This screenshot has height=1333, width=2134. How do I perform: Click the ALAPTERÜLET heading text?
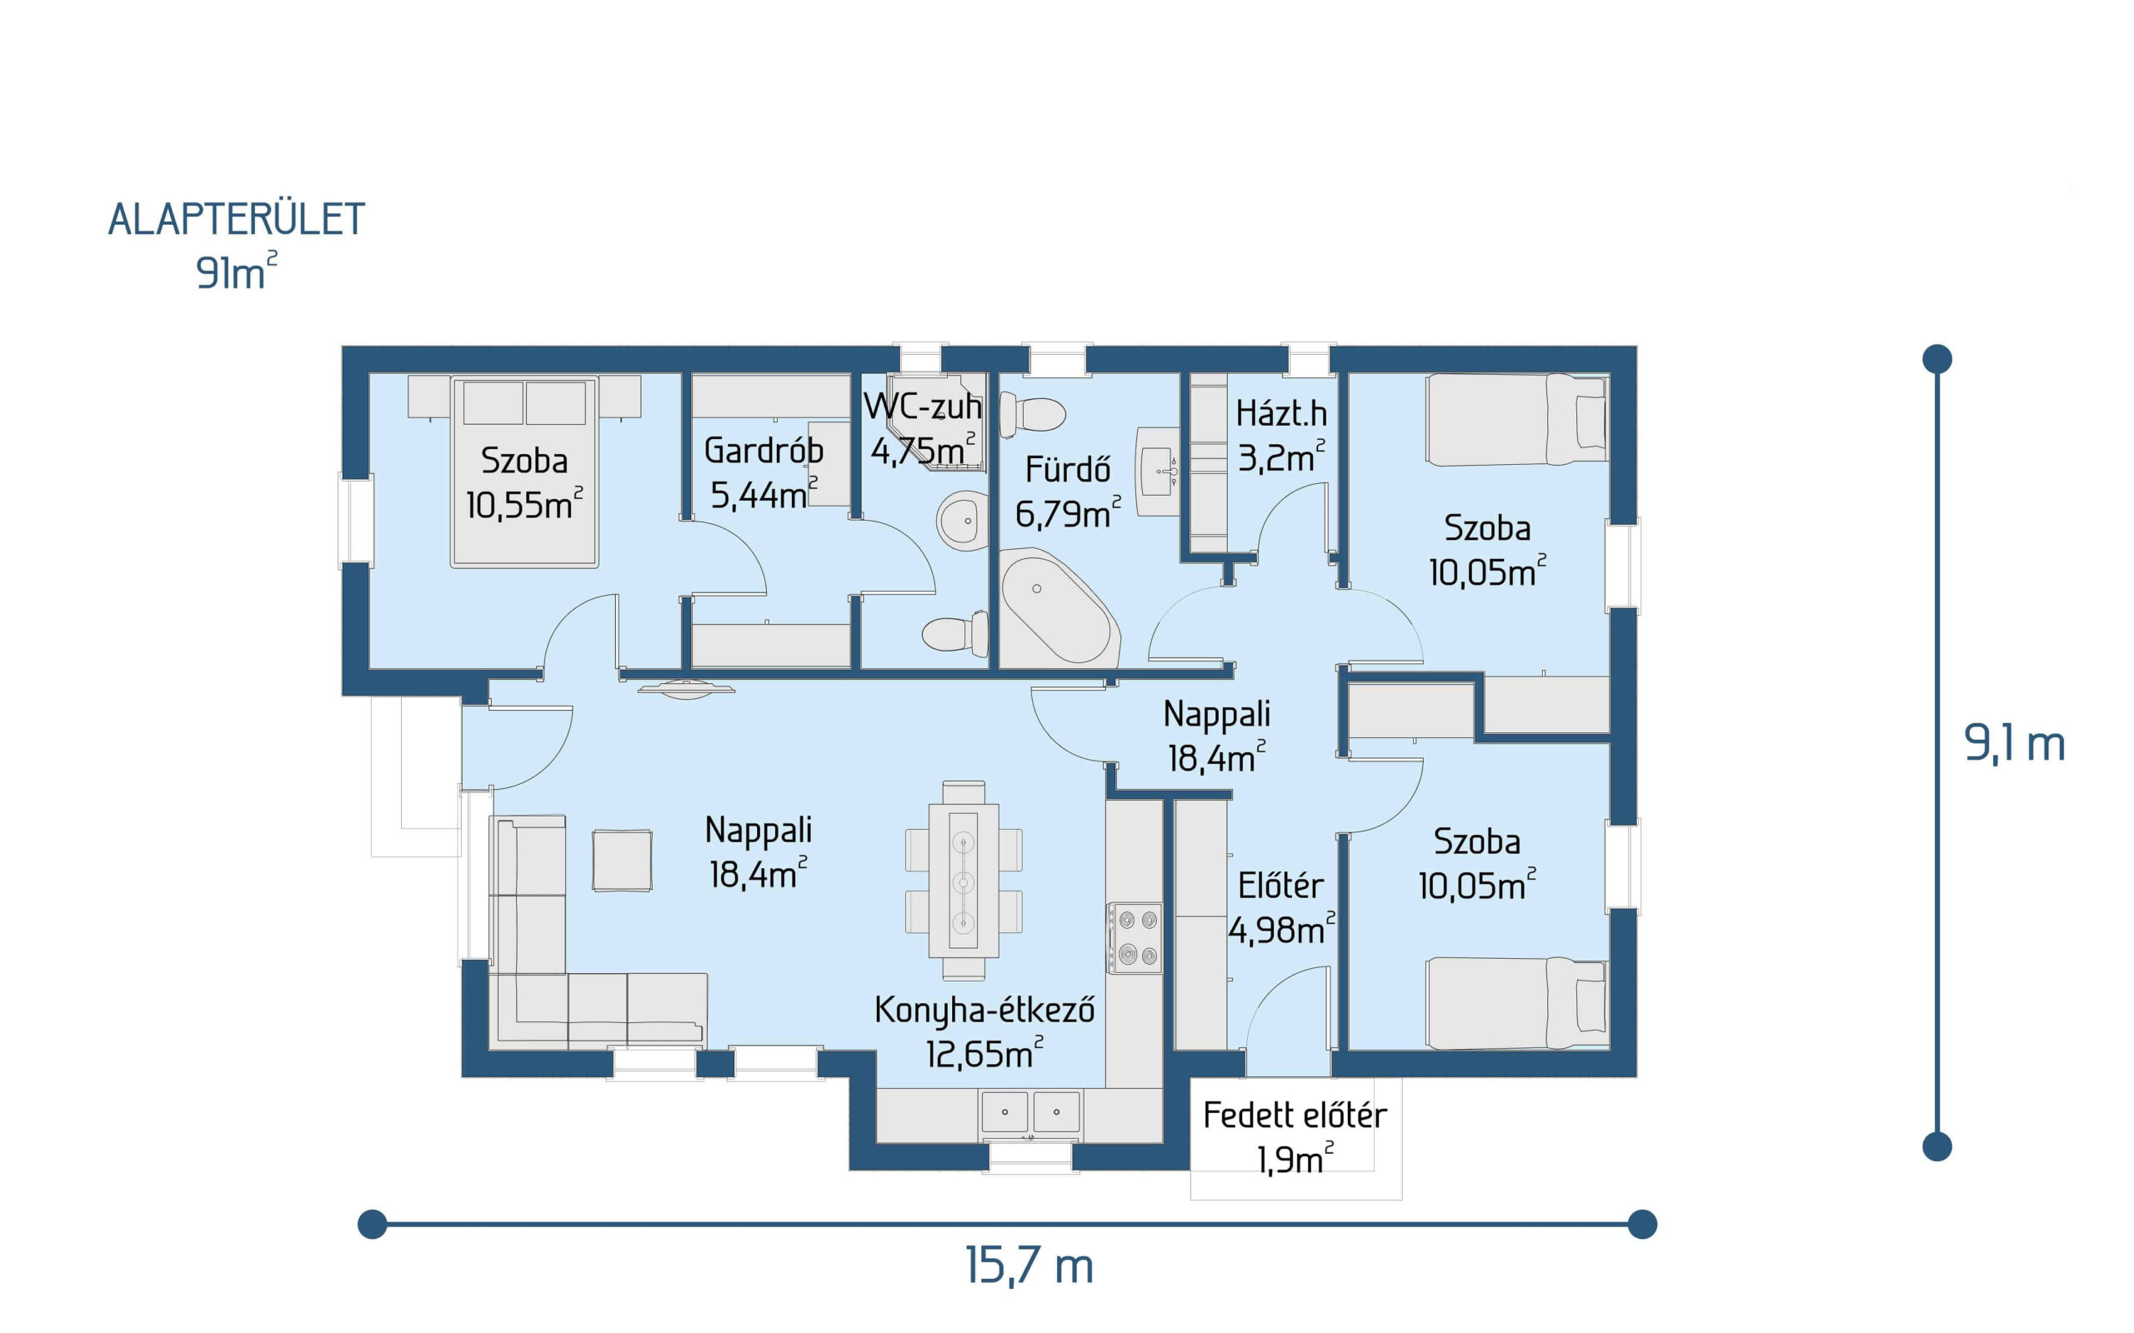point(237,219)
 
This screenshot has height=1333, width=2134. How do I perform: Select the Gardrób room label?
point(764,450)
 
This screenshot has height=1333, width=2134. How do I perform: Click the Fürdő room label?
point(1067,468)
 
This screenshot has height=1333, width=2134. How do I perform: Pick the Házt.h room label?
point(1281,412)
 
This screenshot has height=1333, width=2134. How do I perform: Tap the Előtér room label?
point(1280,885)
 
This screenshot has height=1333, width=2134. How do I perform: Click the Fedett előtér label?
point(1295,1116)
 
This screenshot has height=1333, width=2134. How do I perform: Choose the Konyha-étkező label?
point(984,1011)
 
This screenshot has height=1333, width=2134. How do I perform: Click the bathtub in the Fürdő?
point(1058,608)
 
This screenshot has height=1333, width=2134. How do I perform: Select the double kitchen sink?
point(1030,1112)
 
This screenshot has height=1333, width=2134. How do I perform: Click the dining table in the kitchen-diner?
point(963,880)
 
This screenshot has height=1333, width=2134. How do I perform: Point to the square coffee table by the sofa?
point(622,860)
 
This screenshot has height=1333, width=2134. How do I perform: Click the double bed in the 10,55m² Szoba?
point(523,472)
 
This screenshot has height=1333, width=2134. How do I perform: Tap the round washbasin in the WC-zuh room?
point(963,521)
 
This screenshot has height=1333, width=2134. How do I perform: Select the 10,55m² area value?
point(524,504)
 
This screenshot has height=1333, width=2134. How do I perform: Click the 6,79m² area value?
point(1068,513)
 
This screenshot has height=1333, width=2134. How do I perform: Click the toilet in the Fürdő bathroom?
point(1032,415)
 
